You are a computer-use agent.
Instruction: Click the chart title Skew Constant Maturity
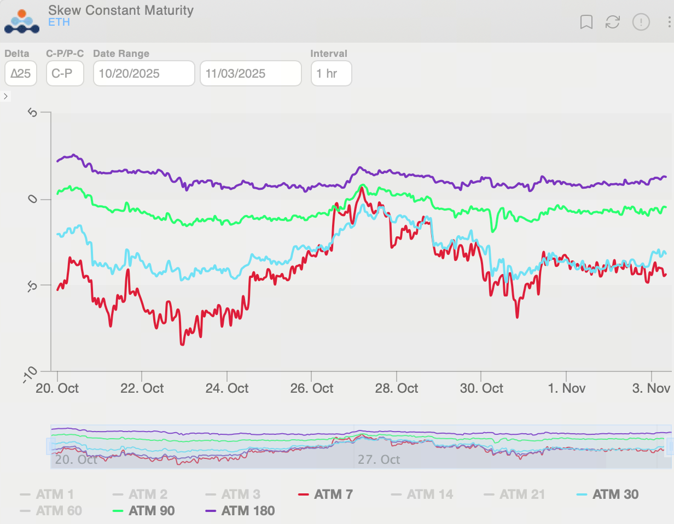(120, 10)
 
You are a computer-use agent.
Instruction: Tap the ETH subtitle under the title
(59, 22)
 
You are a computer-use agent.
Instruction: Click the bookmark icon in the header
(586, 22)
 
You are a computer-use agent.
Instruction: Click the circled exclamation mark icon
(641, 22)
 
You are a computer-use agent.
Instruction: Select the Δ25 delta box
(21, 73)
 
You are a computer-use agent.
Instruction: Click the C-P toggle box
(65, 73)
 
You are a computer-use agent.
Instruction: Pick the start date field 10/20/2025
(144, 73)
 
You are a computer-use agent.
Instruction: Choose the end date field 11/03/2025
(251, 73)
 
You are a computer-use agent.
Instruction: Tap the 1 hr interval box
(331, 73)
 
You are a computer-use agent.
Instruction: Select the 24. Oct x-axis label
(226, 388)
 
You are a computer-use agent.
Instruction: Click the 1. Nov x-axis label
(566, 388)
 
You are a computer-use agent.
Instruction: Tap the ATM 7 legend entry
(333, 494)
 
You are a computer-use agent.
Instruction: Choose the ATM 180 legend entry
(247, 511)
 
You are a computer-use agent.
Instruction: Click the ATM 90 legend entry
(151, 511)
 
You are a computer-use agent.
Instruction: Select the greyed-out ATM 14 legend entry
(429, 494)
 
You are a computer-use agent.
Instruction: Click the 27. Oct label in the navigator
(379, 459)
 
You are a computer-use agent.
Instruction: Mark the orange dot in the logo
(22, 14)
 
